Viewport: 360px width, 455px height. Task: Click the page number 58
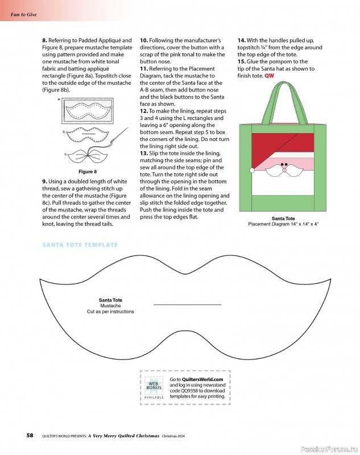30,436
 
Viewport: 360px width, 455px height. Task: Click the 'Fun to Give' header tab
23,14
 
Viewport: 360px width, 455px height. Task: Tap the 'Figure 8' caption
87,172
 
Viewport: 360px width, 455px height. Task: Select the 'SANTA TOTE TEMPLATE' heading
80,245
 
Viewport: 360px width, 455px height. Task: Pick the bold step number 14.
242,40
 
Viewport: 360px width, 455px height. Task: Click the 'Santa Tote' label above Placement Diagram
283,218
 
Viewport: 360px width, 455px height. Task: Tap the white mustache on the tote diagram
285,169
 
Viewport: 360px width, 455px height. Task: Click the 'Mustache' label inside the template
110,306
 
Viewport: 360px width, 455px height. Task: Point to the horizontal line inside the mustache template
187,305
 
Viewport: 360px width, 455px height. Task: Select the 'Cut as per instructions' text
110,312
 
